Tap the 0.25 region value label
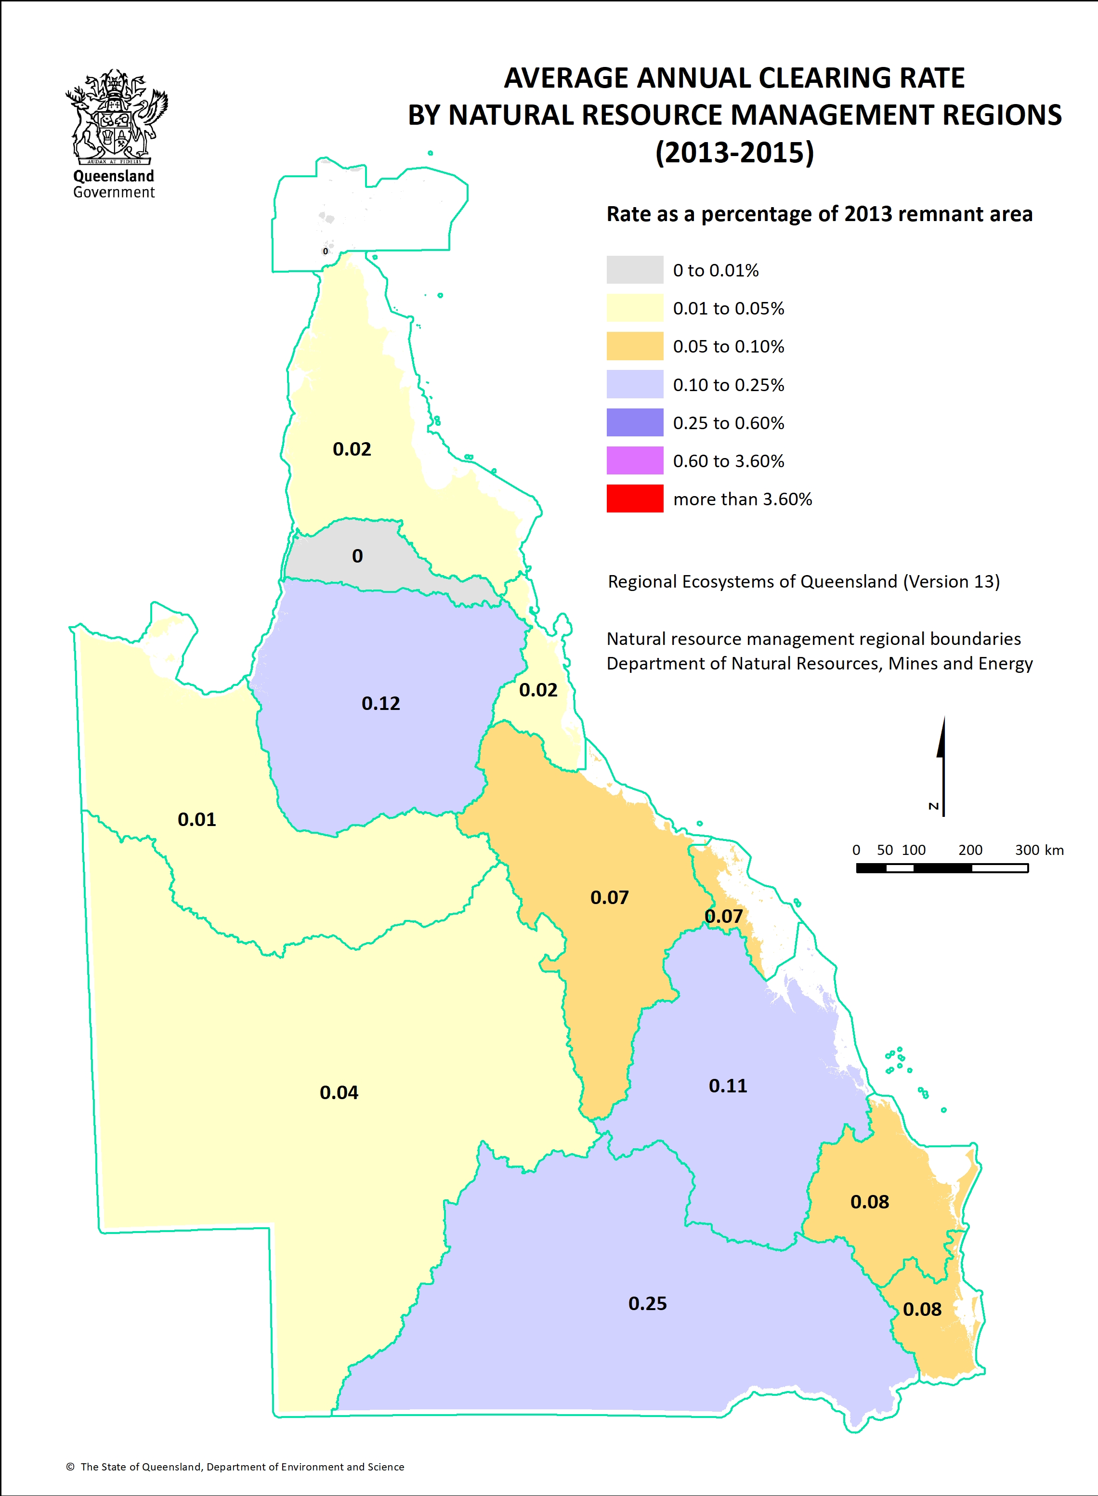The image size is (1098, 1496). click(x=647, y=1303)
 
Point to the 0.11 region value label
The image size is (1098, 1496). click(x=727, y=1085)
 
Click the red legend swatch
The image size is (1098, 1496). click(x=634, y=499)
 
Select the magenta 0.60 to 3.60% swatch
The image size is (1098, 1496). click(x=634, y=460)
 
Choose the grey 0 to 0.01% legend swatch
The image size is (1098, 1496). click(x=634, y=270)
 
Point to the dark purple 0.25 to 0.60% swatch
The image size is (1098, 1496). click(x=634, y=423)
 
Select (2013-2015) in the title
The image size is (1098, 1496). click(x=734, y=152)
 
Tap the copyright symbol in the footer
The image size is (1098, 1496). click(x=70, y=1467)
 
